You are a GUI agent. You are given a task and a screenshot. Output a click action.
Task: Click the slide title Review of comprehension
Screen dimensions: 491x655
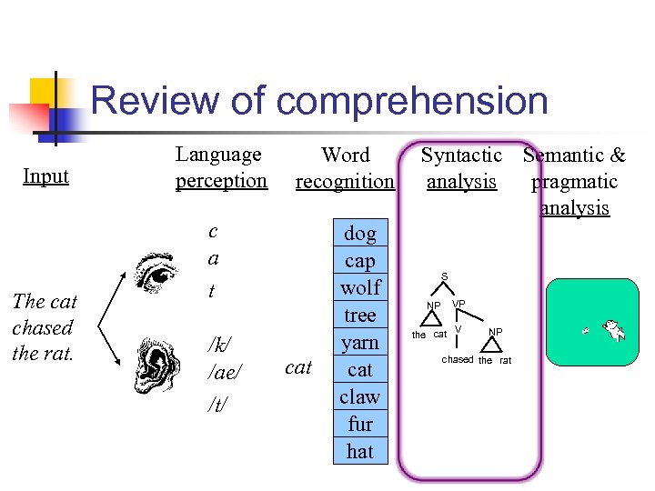319,101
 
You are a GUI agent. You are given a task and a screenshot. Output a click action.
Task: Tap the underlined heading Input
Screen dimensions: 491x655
46,175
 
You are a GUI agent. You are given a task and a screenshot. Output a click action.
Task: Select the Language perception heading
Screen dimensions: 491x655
221,167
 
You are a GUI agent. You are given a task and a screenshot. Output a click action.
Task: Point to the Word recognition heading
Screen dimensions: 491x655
345,168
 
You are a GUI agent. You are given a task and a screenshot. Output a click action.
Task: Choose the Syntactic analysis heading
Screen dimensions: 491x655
461,168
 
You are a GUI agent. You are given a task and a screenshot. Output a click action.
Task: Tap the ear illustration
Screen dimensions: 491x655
156,363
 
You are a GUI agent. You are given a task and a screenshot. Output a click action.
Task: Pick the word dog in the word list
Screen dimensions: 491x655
359,234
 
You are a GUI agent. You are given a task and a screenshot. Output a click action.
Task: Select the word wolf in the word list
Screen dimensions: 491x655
359,287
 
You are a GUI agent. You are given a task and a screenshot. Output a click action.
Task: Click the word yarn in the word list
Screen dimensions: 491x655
359,342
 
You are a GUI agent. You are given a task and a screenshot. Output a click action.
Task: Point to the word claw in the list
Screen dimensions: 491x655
359,396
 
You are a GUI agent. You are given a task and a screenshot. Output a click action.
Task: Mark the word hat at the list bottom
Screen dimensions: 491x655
359,451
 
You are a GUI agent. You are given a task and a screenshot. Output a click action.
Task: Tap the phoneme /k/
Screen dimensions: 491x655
218,345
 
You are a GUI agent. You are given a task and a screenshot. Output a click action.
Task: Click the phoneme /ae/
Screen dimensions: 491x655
222,371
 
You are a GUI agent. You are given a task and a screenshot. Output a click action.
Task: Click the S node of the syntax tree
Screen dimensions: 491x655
444,276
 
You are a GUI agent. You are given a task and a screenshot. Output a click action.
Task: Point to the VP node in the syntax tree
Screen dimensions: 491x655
458,303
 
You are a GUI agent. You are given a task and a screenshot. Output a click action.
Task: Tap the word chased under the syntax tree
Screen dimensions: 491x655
458,360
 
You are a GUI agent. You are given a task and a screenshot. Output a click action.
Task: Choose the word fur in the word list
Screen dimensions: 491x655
359,424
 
